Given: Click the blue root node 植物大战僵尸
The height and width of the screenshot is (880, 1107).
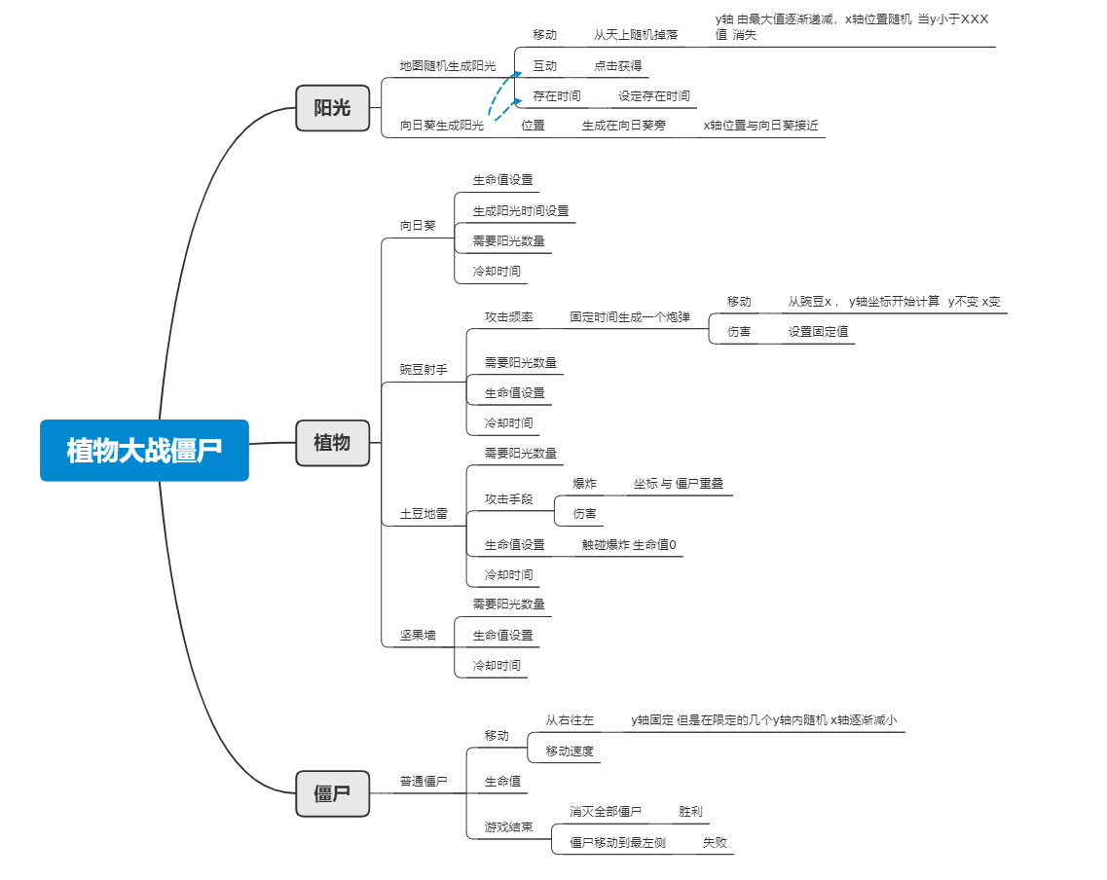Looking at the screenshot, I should pos(144,450).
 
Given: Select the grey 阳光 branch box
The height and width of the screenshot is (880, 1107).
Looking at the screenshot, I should pos(332,107).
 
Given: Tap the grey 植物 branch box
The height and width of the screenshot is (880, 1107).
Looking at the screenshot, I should pos(332,442).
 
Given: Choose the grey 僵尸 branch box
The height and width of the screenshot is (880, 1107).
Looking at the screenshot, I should pos(332,792).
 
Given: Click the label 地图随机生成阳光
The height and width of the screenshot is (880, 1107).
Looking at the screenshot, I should pos(448,66).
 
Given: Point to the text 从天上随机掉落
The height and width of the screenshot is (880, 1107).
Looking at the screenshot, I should pos(636,35).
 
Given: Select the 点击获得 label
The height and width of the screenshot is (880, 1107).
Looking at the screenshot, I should pos(618,66).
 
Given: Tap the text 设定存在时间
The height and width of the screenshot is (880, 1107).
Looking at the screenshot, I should pos(654,96).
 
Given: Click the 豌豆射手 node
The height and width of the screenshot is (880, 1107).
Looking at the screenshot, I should pos(424,370).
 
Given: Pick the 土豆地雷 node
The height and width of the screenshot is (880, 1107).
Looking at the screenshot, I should pos(424,514).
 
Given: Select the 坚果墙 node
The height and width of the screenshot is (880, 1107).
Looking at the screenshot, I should pos(418,636).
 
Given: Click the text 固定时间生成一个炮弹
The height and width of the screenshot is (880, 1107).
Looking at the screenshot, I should pos(630,317).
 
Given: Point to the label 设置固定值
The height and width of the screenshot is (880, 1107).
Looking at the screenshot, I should pos(818,332).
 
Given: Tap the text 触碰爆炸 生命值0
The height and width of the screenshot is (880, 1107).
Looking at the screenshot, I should pos(629,545).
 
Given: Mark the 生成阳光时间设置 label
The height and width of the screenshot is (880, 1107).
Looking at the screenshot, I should pos(521,211).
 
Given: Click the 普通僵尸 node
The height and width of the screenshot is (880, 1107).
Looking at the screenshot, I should pos(424,782).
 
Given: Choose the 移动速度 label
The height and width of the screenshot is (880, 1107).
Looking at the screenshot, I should pos(570,752).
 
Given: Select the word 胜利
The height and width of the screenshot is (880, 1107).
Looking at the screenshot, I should pos(690,812).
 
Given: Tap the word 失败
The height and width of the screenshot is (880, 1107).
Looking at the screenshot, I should pos(715,843).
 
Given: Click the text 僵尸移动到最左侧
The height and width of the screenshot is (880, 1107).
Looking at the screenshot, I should pos(617,843).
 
